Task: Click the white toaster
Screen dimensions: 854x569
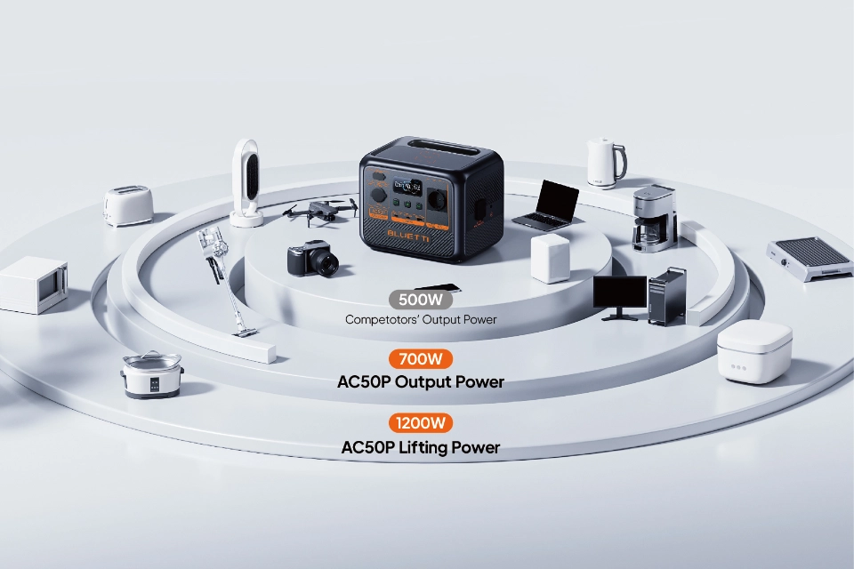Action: click(128, 205)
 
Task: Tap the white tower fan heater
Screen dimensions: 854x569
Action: click(246, 183)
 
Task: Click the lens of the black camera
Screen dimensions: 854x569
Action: click(329, 263)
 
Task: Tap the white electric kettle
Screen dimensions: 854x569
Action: click(606, 163)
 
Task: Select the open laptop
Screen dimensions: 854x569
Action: click(547, 205)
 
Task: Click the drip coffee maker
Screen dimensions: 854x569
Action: click(655, 219)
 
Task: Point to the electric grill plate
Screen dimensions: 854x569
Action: click(810, 258)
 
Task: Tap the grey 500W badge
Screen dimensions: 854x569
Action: click(421, 300)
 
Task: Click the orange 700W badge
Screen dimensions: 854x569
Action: click(421, 359)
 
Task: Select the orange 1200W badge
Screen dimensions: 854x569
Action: click(421, 423)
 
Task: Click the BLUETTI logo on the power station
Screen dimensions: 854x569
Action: click(408, 236)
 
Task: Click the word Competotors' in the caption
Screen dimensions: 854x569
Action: click(382, 320)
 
